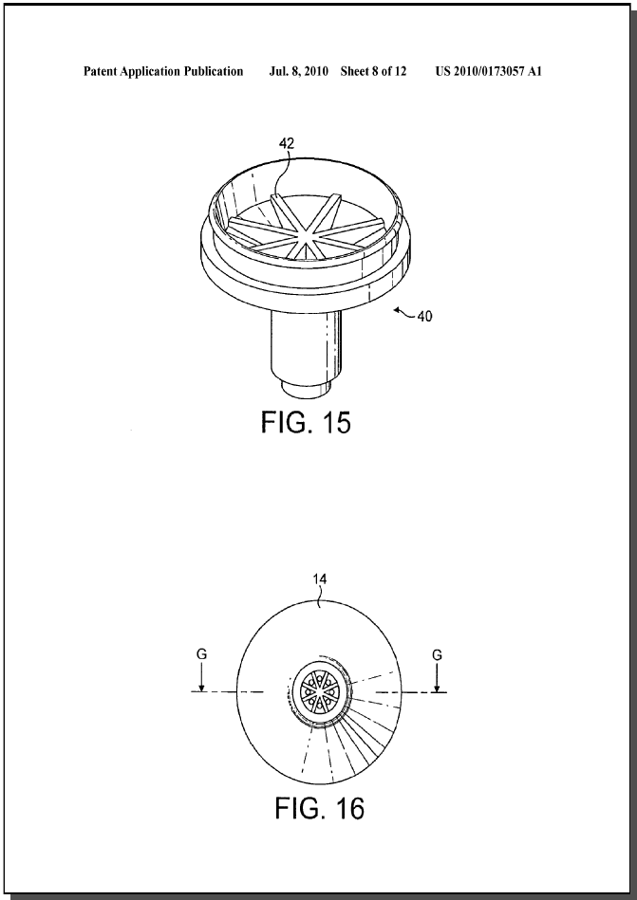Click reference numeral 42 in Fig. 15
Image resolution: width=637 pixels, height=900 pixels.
[x=286, y=144]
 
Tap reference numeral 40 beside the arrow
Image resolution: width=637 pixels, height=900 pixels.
[x=424, y=316]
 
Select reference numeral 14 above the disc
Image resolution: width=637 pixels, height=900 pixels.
[x=320, y=579]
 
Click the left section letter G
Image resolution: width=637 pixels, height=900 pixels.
[x=201, y=654]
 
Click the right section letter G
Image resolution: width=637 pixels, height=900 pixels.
[x=437, y=654]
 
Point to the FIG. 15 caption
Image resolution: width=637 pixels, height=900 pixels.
[x=306, y=422]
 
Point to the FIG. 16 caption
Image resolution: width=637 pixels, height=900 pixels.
[x=319, y=808]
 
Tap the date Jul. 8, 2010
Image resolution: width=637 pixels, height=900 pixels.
[x=299, y=72]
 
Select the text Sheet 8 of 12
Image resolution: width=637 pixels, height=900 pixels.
[x=373, y=72]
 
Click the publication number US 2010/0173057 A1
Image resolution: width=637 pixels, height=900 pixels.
[x=489, y=72]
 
